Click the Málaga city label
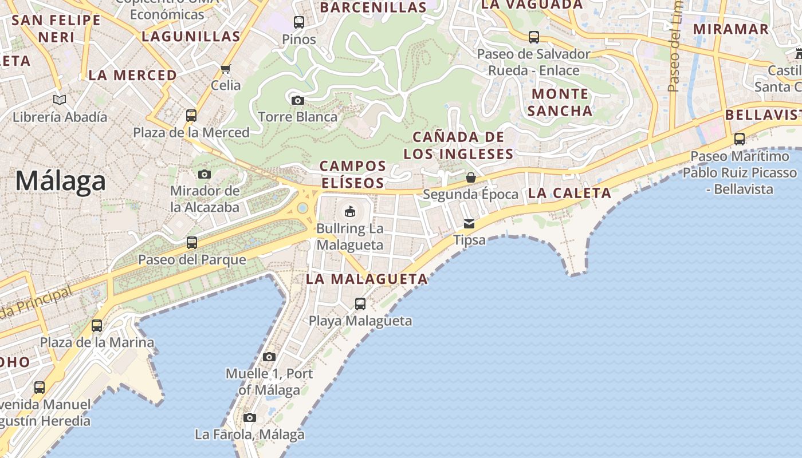[61, 181]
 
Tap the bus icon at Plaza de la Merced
[191, 116]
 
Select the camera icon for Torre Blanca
[297, 101]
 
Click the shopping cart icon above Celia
[226, 69]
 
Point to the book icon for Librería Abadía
[60, 100]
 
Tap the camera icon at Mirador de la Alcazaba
[205, 174]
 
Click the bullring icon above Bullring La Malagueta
[349, 211]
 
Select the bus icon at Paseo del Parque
[192, 243]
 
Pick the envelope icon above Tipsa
[469, 224]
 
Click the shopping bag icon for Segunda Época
[470, 177]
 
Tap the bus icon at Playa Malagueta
[360, 304]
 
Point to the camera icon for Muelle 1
[269, 357]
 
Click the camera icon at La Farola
[249, 418]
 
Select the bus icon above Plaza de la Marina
[97, 326]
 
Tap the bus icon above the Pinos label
[299, 22]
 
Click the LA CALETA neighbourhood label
[569, 194]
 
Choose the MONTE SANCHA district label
[560, 102]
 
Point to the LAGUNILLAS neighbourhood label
[191, 37]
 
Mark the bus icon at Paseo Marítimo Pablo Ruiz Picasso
[740, 139]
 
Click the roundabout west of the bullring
[302, 208]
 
